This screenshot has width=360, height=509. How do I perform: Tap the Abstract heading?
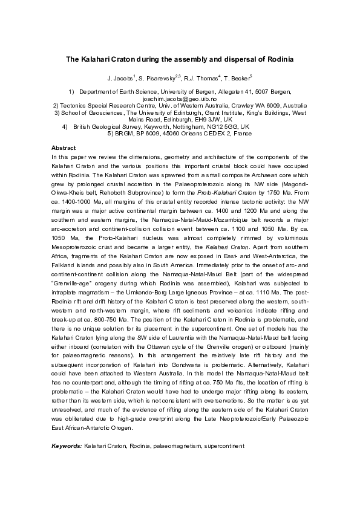point(64,148)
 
